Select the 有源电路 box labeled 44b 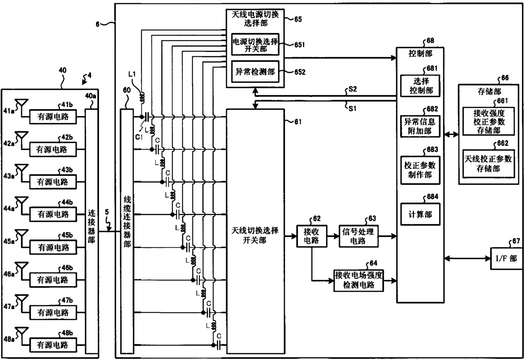[x=53, y=214]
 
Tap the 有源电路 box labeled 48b [x=53, y=345]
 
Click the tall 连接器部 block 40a [x=91, y=231]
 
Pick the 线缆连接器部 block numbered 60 [x=127, y=231]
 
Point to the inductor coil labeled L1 [x=142, y=97]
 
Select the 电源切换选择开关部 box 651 [x=255, y=44]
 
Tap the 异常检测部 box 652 [x=255, y=72]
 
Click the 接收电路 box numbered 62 [x=312, y=236]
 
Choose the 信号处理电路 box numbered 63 [x=358, y=236]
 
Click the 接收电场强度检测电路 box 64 [x=359, y=280]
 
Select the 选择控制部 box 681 [x=420, y=86]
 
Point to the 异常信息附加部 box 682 [x=420, y=126]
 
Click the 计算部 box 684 [x=420, y=214]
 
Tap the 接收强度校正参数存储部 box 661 [x=489, y=121]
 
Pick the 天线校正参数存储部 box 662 [x=489, y=164]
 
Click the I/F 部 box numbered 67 [x=507, y=258]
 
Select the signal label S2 [x=353, y=89]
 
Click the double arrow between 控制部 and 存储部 [x=451, y=134]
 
